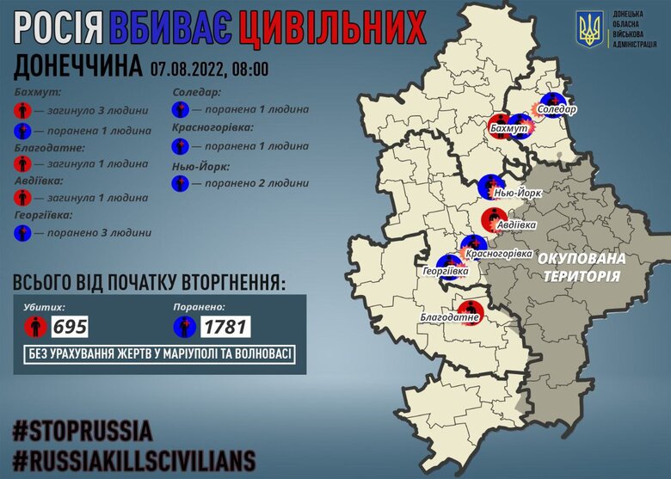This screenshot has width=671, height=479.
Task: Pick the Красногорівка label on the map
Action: coord(498,255)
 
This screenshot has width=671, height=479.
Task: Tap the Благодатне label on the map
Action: coord(448,318)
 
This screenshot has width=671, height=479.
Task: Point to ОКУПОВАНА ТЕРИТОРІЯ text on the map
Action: coord(582,266)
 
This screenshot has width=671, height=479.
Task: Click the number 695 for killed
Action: coord(70,327)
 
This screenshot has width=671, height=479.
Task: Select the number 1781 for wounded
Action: coord(226,327)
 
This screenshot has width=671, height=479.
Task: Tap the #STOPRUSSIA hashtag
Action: coord(83,429)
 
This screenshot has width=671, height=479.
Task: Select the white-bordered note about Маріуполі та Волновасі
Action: coord(160,357)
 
